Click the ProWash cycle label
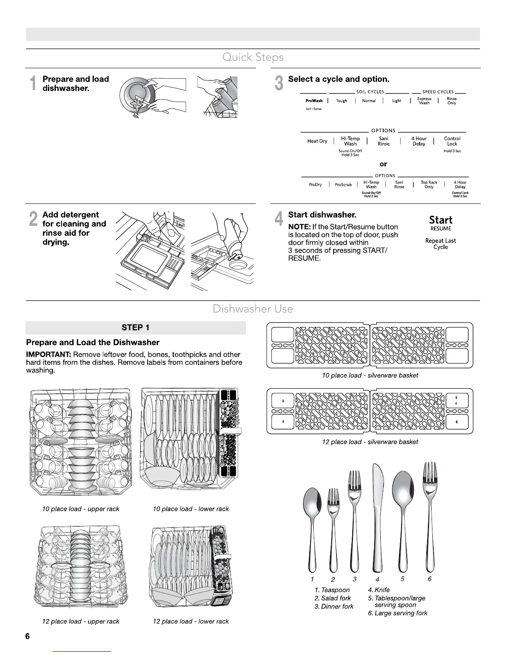coord(314,100)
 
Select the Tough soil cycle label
coord(341,100)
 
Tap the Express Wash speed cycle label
coord(424,100)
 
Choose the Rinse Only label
coord(451,100)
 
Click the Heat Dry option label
coord(317,141)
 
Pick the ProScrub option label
coord(343,184)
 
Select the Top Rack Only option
coord(429,184)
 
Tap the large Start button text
coord(440,220)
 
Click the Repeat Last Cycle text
coord(440,244)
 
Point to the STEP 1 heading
coord(135,327)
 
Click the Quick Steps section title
coord(253,57)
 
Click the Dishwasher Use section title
coord(253,308)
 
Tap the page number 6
coord(28,636)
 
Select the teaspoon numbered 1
coord(311,525)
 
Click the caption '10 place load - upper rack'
coord(81,509)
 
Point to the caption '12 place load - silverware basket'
coord(370,442)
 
